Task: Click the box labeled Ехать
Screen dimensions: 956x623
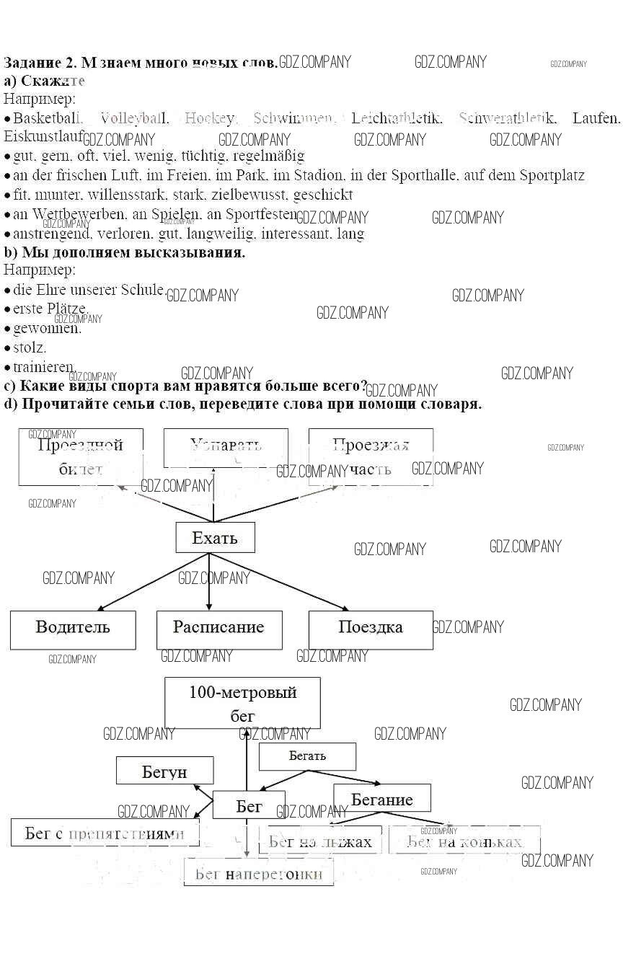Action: tap(215, 538)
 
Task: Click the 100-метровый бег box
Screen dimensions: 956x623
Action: tap(242, 702)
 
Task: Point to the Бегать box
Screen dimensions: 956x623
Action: tap(307, 756)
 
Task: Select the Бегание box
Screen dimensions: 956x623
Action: tap(381, 798)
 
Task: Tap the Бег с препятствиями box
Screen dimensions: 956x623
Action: tap(105, 832)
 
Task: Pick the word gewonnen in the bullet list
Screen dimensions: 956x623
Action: tap(47, 329)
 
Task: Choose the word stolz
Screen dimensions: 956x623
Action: tap(30, 348)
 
